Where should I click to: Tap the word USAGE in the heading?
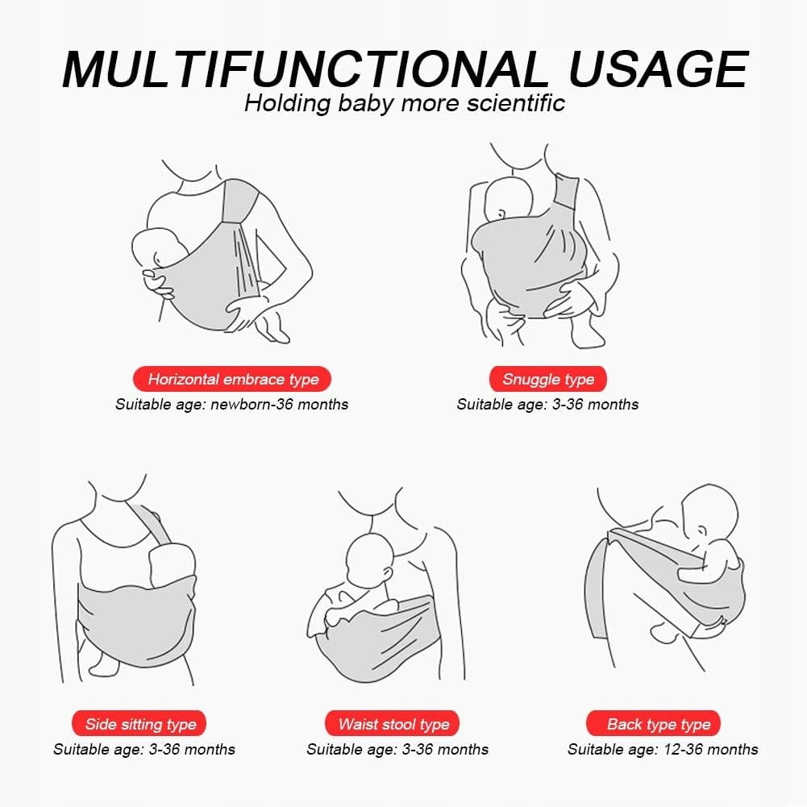click(x=659, y=69)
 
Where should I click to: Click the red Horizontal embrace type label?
click(x=232, y=379)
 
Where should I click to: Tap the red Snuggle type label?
click(x=548, y=379)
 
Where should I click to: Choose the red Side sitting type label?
click(x=139, y=724)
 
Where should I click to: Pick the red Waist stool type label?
click(x=392, y=724)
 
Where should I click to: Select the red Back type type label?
click(x=654, y=724)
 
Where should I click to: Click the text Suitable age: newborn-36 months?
click(x=232, y=405)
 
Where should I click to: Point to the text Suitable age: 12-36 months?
click(x=663, y=750)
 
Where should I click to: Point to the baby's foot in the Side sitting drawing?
click(x=105, y=663)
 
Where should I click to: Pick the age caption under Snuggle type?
click(x=547, y=405)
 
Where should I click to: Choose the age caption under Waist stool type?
click(x=397, y=750)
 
